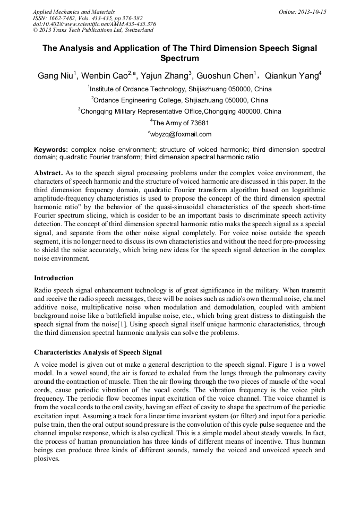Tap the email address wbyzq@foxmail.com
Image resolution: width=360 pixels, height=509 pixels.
click(x=181, y=134)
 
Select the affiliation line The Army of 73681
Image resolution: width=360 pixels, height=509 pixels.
click(x=181, y=123)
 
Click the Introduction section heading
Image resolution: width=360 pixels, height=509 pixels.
click(x=54, y=278)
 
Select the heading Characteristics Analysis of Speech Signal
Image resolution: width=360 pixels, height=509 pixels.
click(x=98, y=352)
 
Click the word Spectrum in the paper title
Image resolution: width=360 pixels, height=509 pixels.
click(x=179, y=58)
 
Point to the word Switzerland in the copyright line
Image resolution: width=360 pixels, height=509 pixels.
click(x=135, y=30)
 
